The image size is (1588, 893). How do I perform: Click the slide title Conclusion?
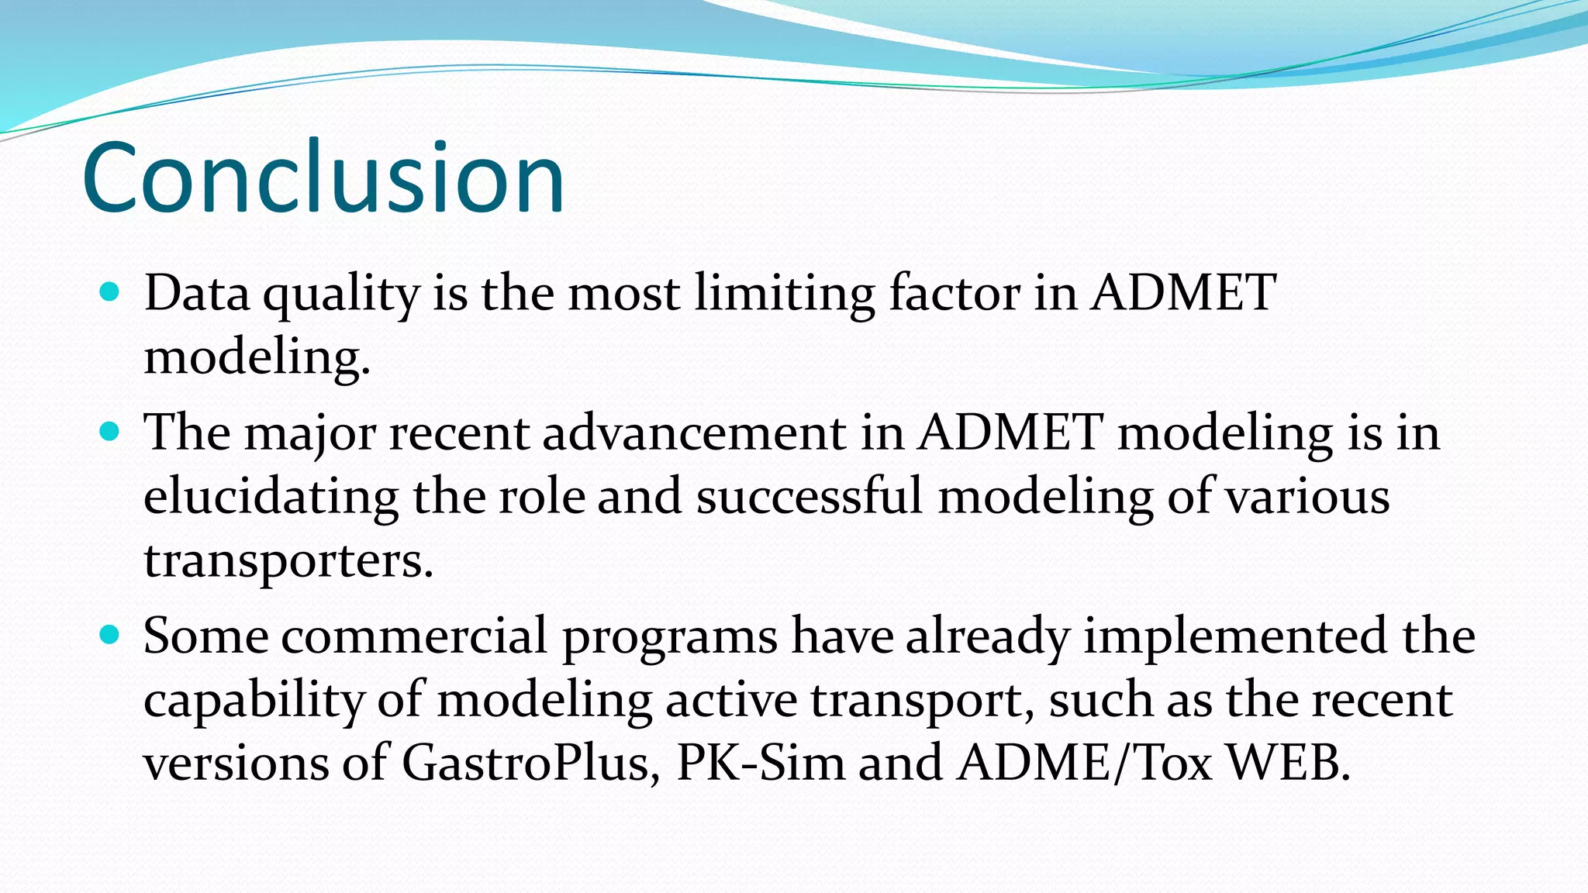323,177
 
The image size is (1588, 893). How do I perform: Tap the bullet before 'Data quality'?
110,292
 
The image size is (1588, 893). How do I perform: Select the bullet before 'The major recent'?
110,431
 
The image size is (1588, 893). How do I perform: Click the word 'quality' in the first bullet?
341,295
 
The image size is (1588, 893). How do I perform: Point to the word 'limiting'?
784,295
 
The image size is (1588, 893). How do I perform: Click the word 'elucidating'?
271,497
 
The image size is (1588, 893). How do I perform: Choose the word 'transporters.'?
288,560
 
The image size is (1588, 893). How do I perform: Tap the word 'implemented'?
1234,638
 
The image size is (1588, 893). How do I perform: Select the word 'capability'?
253,701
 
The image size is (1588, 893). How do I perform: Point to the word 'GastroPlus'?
530,764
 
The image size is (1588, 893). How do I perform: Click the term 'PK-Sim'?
760,763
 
